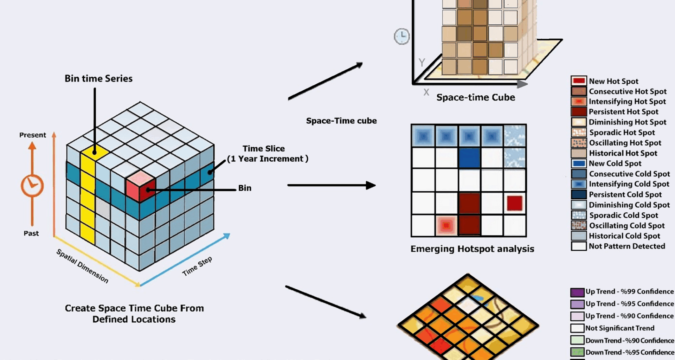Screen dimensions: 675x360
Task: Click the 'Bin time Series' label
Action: tap(98, 78)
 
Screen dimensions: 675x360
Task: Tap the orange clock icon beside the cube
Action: tap(32, 185)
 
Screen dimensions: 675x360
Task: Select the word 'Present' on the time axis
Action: tap(33, 135)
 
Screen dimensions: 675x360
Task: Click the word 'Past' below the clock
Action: tap(31, 233)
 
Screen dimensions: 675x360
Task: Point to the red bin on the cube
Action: tap(141, 186)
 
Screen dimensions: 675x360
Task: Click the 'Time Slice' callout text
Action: tap(268, 154)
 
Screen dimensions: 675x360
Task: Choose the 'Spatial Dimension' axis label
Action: tap(83, 266)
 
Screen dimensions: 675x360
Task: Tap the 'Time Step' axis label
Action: tap(197, 266)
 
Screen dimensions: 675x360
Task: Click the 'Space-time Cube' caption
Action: tap(476, 97)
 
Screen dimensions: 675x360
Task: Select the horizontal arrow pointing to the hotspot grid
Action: tap(332, 185)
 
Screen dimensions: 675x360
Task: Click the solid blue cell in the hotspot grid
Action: tap(469, 157)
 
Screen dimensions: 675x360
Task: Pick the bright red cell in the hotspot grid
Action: tap(515, 203)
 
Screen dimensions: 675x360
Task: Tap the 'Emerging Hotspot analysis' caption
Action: tap(472, 249)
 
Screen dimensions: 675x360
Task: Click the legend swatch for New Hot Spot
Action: tap(579, 81)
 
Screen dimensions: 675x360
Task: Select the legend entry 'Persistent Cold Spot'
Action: tap(625, 194)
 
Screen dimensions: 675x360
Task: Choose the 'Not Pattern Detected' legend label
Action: tap(627, 246)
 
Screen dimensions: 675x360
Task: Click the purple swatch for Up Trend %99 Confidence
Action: tap(577, 292)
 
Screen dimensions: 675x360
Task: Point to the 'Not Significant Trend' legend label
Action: tap(620, 328)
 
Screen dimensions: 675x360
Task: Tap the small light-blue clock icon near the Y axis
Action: tap(401, 36)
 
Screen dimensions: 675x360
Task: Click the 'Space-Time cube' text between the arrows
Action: tap(341, 121)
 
